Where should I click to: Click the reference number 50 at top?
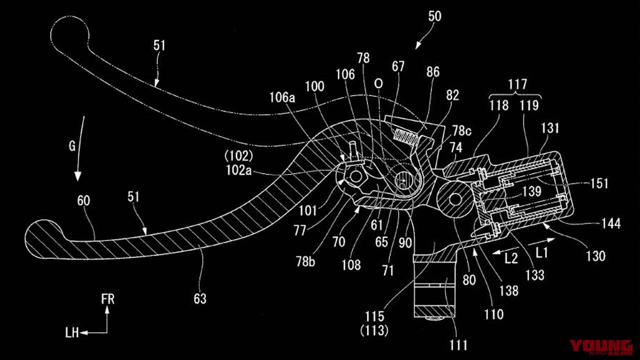click(x=435, y=16)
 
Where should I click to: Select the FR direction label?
click(x=107, y=299)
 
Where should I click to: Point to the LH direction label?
click(x=72, y=332)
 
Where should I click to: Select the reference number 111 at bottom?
click(x=458, y=345)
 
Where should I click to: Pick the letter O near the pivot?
click(x=378, y=82)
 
